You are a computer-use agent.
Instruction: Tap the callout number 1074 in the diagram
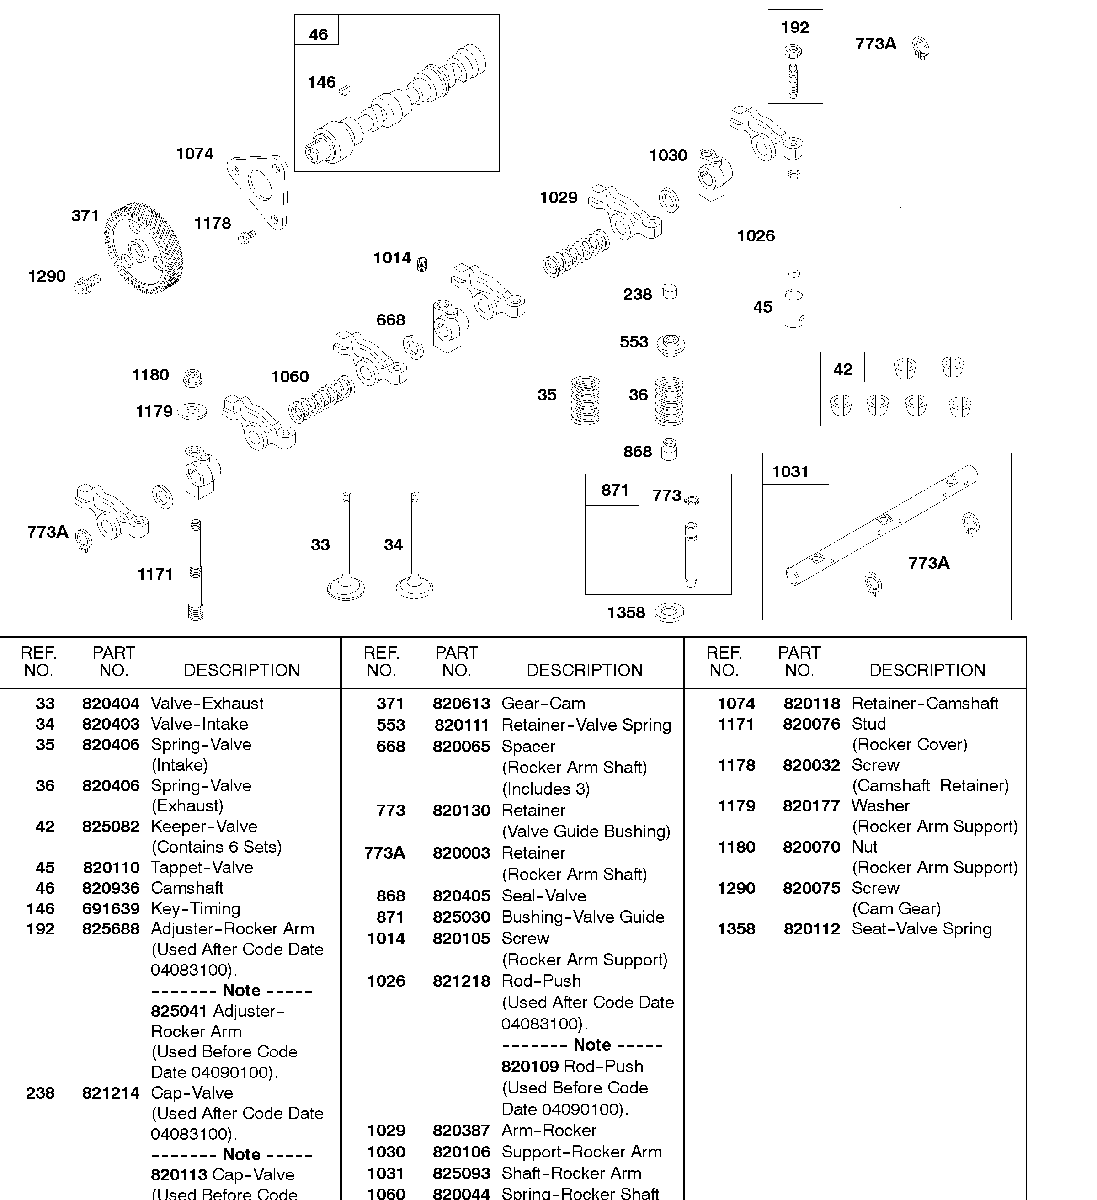point(195,154)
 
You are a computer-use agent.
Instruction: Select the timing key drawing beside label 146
point(344,90)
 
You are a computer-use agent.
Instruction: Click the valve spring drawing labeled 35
point(585,400)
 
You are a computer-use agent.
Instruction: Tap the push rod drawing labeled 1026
point(793,223)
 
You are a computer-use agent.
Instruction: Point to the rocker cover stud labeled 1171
point(195,570)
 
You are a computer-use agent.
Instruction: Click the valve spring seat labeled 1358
point(669,613)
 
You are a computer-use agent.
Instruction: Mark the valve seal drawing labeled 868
point(669,449)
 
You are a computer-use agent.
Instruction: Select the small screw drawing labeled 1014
point(422,264)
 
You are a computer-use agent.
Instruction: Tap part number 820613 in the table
point(461,704)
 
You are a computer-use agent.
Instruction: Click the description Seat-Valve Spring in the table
point(921,929)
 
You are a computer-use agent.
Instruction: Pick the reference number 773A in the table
point(384,853)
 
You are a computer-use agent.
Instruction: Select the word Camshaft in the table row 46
point(187,888)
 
